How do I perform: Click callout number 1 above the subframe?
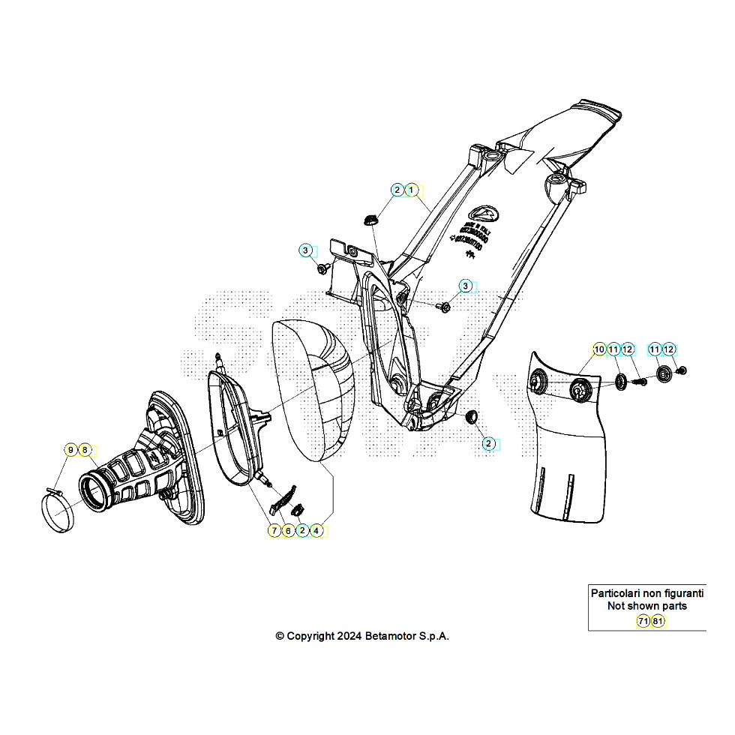(411, 190)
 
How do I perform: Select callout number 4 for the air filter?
(317, 531)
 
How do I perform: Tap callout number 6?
(289, 531)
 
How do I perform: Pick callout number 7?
(275, 531)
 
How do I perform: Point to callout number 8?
(85, 450)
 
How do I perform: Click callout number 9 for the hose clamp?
(71, 450)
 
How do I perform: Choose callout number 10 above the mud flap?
(598, 349)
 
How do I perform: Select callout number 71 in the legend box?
(643, 621)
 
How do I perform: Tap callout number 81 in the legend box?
(657, 621)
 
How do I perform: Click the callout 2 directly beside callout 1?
(397, 190)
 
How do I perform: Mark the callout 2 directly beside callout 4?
(302, 531)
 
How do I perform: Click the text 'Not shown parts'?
(646, 606)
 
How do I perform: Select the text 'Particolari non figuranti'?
(646, 593)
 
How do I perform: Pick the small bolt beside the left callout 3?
(323, 268)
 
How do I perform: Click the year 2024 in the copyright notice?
(349, 636)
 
